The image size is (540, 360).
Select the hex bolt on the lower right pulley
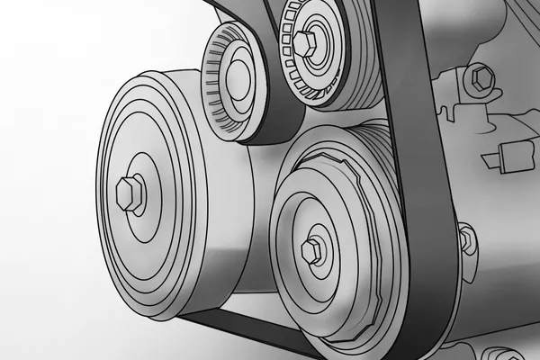click(x=310, y=248)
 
